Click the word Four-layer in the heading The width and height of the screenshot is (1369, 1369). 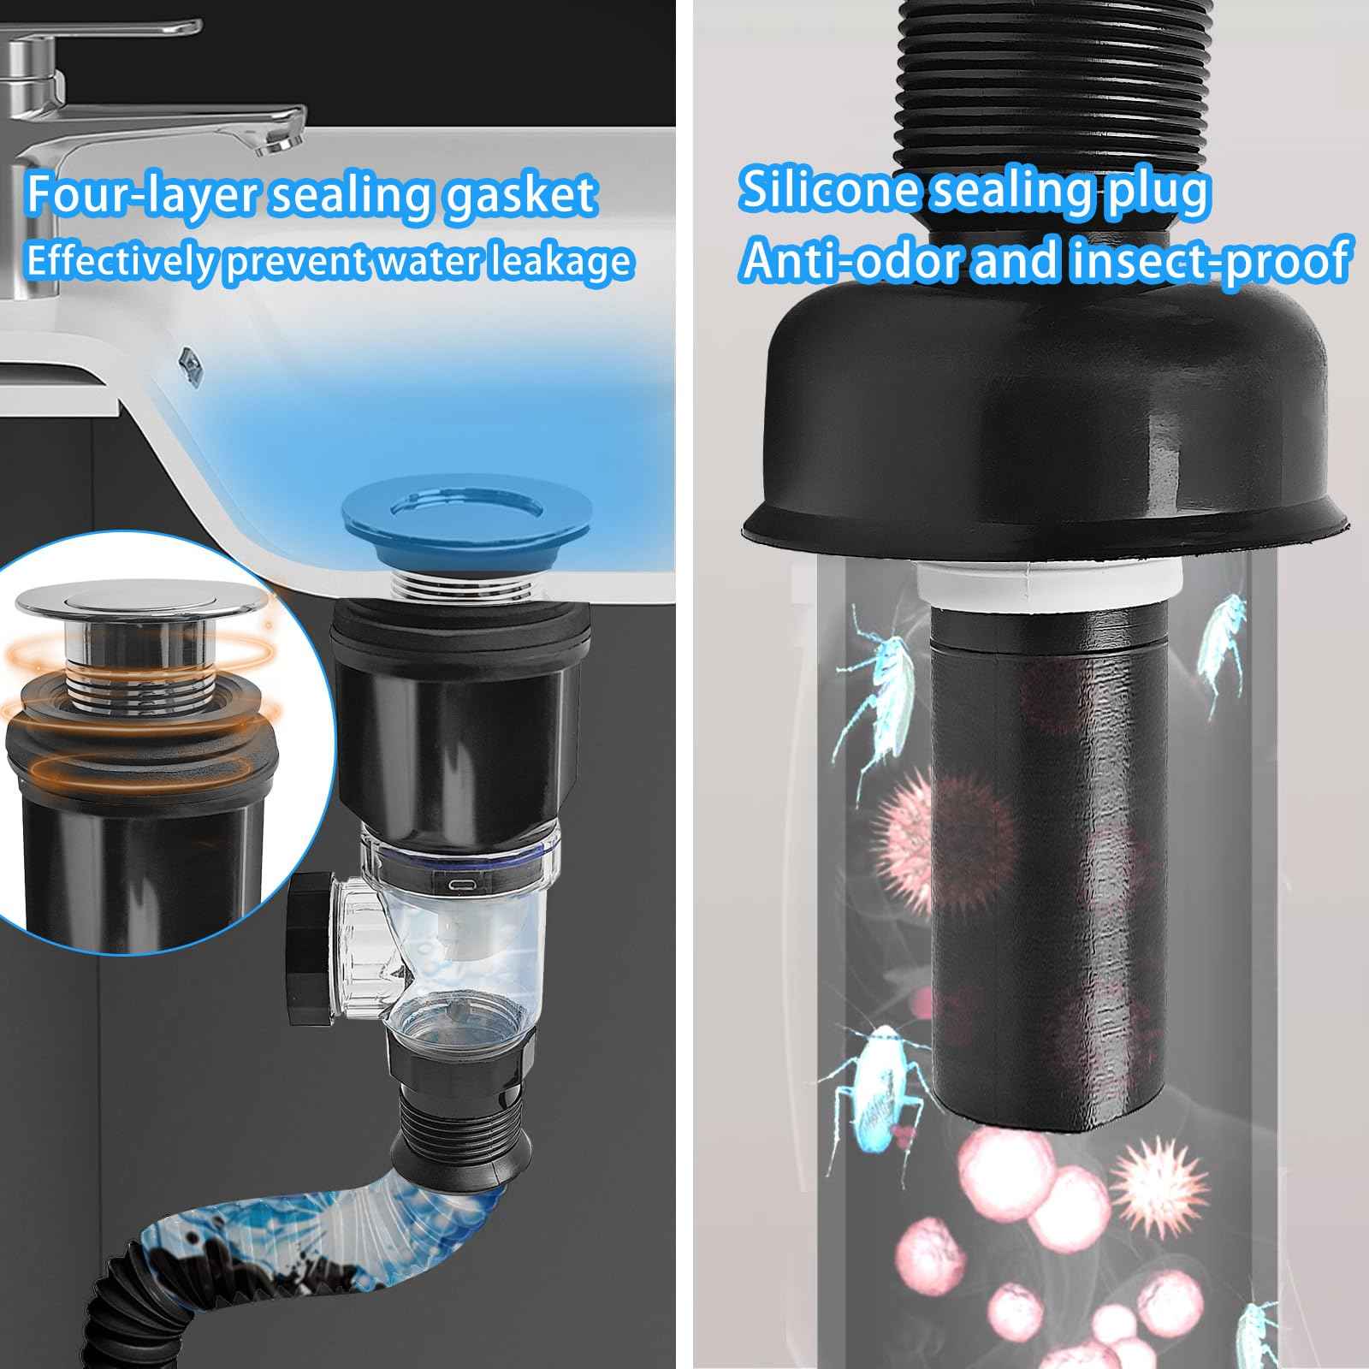pyautogui.click(x=141, y=195)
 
